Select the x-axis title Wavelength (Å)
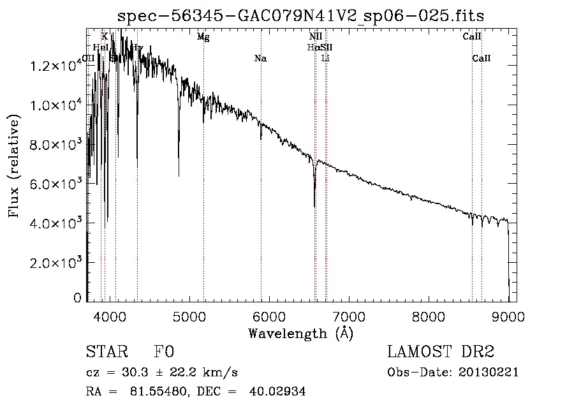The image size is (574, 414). [300, 333]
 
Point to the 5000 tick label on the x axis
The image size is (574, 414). [189, 316]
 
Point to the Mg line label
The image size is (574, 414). [203, 37]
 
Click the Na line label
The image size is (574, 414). [260, 59]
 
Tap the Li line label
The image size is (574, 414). [326, 59]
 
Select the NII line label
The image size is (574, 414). [316, 37]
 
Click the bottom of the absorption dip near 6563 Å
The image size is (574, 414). [314, 206]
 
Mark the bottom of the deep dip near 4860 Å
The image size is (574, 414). [179, 175]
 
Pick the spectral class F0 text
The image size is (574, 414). [164, 353]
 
